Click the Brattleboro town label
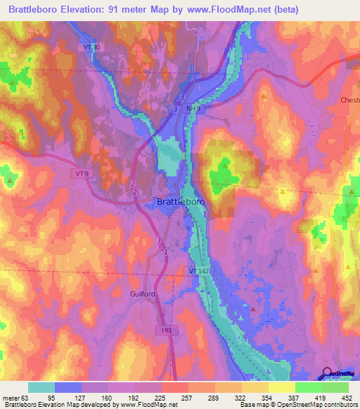180,202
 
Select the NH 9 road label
195,109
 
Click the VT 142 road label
198,271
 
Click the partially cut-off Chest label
350,100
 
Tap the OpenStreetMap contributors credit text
310,405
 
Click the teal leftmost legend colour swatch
41,387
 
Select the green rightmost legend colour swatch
335,387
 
